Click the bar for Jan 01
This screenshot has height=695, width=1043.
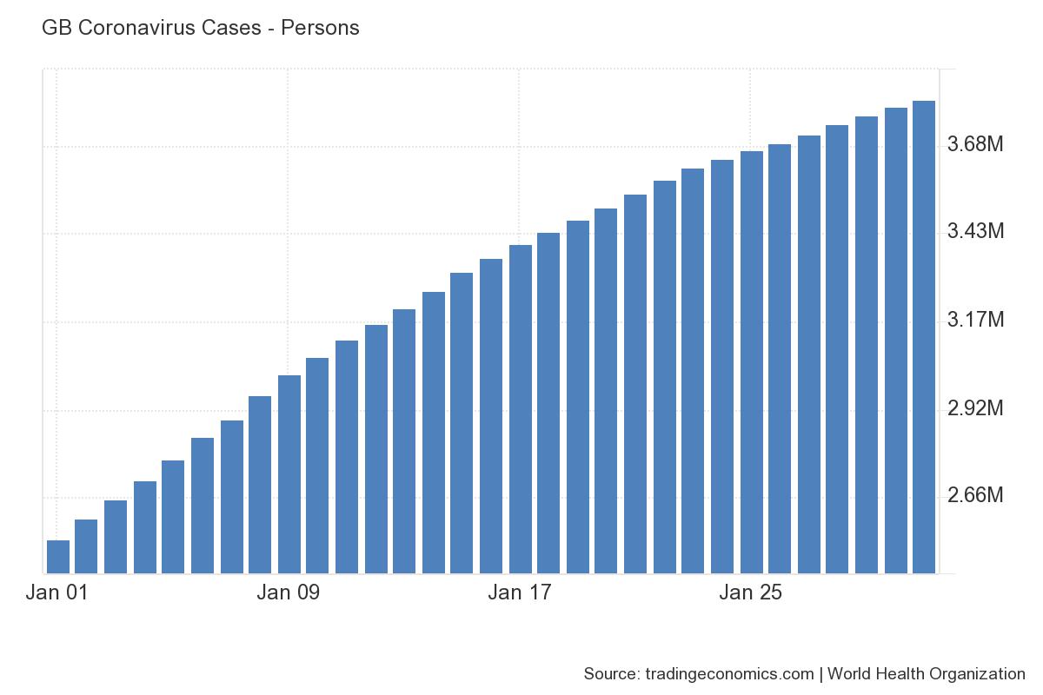coord(57,557)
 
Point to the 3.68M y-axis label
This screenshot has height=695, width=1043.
coord(975,143)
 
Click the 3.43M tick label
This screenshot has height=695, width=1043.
coord(975,232)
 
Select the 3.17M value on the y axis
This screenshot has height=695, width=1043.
coord(975,321)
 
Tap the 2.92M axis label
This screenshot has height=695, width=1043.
coord(975,408)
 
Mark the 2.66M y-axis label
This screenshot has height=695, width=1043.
coord(975,496)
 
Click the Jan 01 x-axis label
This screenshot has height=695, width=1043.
coord(57,593)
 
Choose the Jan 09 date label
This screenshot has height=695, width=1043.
coord(289,593)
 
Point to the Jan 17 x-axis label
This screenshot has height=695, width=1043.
coord(520,593)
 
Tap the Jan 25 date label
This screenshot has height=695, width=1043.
coord(751,593)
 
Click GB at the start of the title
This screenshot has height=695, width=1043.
coord(55,28)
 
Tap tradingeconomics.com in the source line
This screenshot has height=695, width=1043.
coord(728,674)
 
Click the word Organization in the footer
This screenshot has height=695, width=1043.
coord(978,674)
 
